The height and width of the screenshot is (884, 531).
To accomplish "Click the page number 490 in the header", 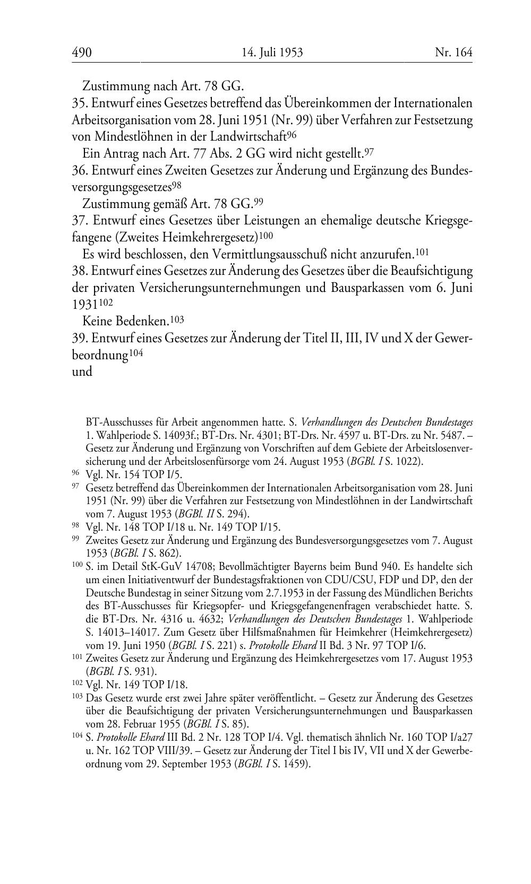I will coord(82,53).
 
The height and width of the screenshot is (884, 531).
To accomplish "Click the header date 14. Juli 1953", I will coord(272,53).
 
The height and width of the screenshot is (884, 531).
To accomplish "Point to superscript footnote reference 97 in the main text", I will coord(370,153).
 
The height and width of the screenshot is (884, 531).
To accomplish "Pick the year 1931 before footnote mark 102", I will coord(84,305).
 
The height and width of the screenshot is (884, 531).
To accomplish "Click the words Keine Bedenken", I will coord(126,320).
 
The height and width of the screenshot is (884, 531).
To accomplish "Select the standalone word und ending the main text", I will coord(82,371).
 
